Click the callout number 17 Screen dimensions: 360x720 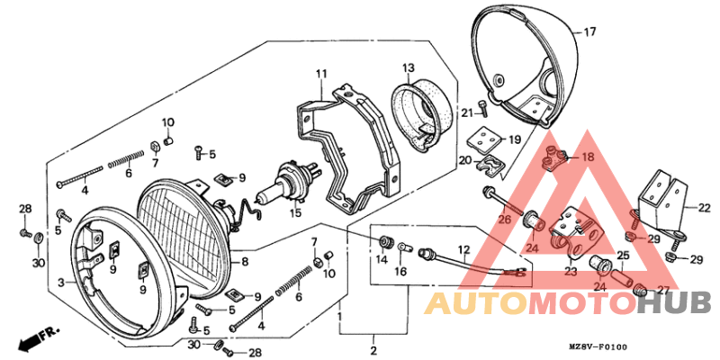[x=589, y=32]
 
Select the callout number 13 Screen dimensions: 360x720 [x=407, y=67]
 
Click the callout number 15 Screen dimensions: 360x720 [x=295, y=213]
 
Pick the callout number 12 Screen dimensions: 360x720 [x=463, y=249]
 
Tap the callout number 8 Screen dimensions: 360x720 [x=244, y=262]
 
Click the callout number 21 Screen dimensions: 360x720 [x=467, y=112]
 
